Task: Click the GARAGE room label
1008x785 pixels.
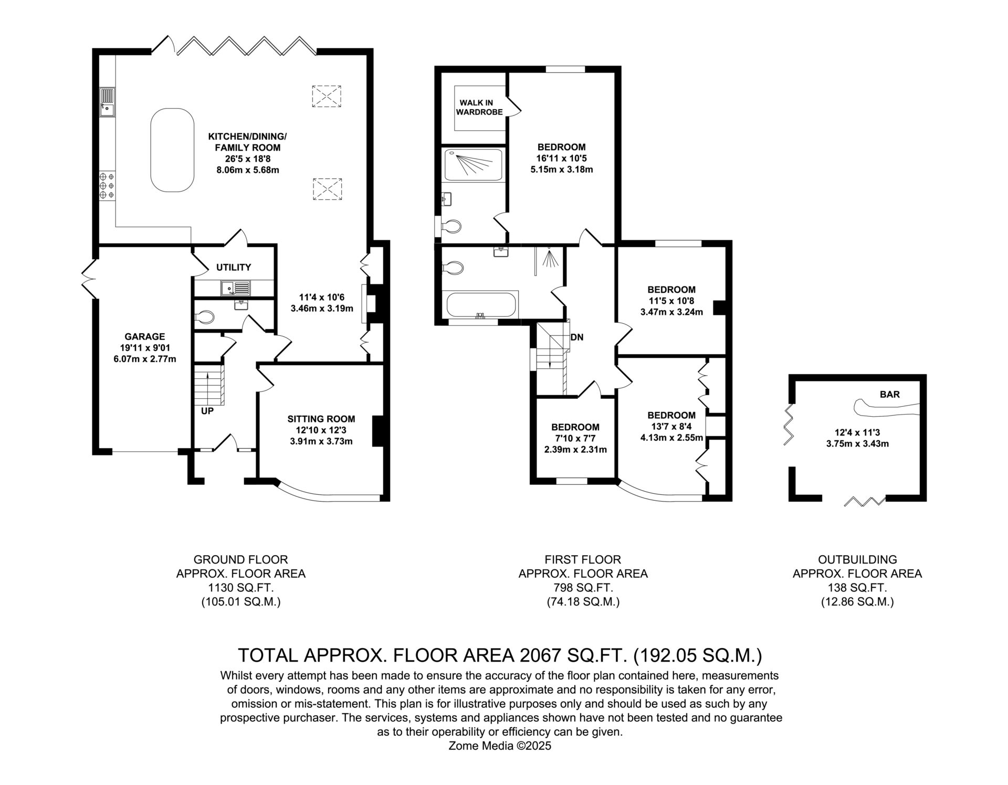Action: pos(145,336)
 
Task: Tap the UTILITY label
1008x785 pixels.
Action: pos(234,267)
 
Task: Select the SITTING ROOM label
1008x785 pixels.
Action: pos(321,419)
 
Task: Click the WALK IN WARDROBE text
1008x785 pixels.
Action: pos(479,107)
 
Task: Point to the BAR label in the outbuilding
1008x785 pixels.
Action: pos(890,394)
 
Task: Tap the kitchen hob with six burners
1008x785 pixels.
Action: pos(107,186)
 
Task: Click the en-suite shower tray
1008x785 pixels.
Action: pos(474,165)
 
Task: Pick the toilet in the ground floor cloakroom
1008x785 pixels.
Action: pos(205,316)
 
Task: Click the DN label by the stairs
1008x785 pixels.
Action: pos(576,337)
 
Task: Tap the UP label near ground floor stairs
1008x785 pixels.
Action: pos(207,411)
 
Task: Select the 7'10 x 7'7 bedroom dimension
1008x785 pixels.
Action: pos(575,438)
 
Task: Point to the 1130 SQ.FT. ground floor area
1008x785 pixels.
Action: pos(241,588)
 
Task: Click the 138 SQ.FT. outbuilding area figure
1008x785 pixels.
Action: pos(857,588)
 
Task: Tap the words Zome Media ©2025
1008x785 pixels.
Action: pos(500,746)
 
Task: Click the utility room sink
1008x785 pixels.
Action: pos(236,288)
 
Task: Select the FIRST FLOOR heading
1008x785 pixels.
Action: pos(583,559)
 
